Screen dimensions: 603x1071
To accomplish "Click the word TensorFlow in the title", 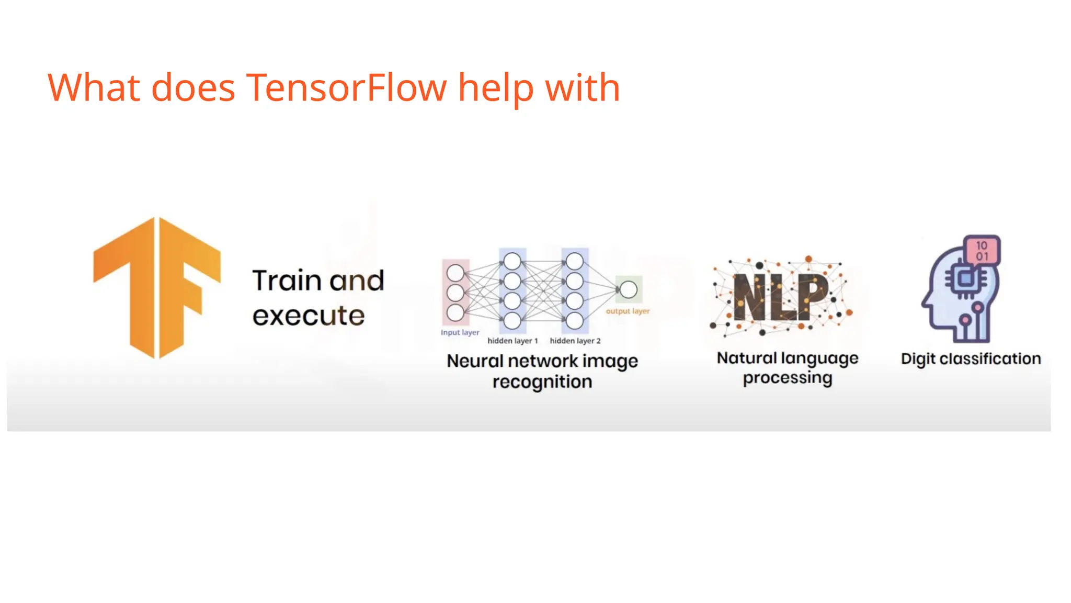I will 346,87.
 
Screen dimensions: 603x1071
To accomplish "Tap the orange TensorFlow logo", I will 157,287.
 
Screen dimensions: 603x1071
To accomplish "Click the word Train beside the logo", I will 286,281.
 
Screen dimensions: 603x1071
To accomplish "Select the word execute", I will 309,316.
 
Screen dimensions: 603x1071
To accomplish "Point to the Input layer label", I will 460,332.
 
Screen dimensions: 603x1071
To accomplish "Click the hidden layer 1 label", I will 512,341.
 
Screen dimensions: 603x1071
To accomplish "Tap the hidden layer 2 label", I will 575,341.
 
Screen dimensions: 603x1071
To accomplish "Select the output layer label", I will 628,311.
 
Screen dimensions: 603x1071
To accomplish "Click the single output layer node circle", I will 629,289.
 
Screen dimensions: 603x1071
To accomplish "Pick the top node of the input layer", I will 455,273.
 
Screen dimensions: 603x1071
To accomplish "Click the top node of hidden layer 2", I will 575,261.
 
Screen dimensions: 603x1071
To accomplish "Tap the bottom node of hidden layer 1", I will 512,320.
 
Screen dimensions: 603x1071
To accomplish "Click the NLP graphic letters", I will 780,297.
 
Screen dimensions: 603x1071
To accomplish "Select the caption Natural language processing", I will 787,367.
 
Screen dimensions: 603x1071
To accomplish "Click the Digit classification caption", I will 971,359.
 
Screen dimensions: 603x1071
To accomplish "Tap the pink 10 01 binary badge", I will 982,251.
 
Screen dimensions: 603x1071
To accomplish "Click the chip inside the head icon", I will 965,278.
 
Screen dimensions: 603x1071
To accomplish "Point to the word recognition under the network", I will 542,382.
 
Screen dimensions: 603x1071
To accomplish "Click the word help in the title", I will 496,87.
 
